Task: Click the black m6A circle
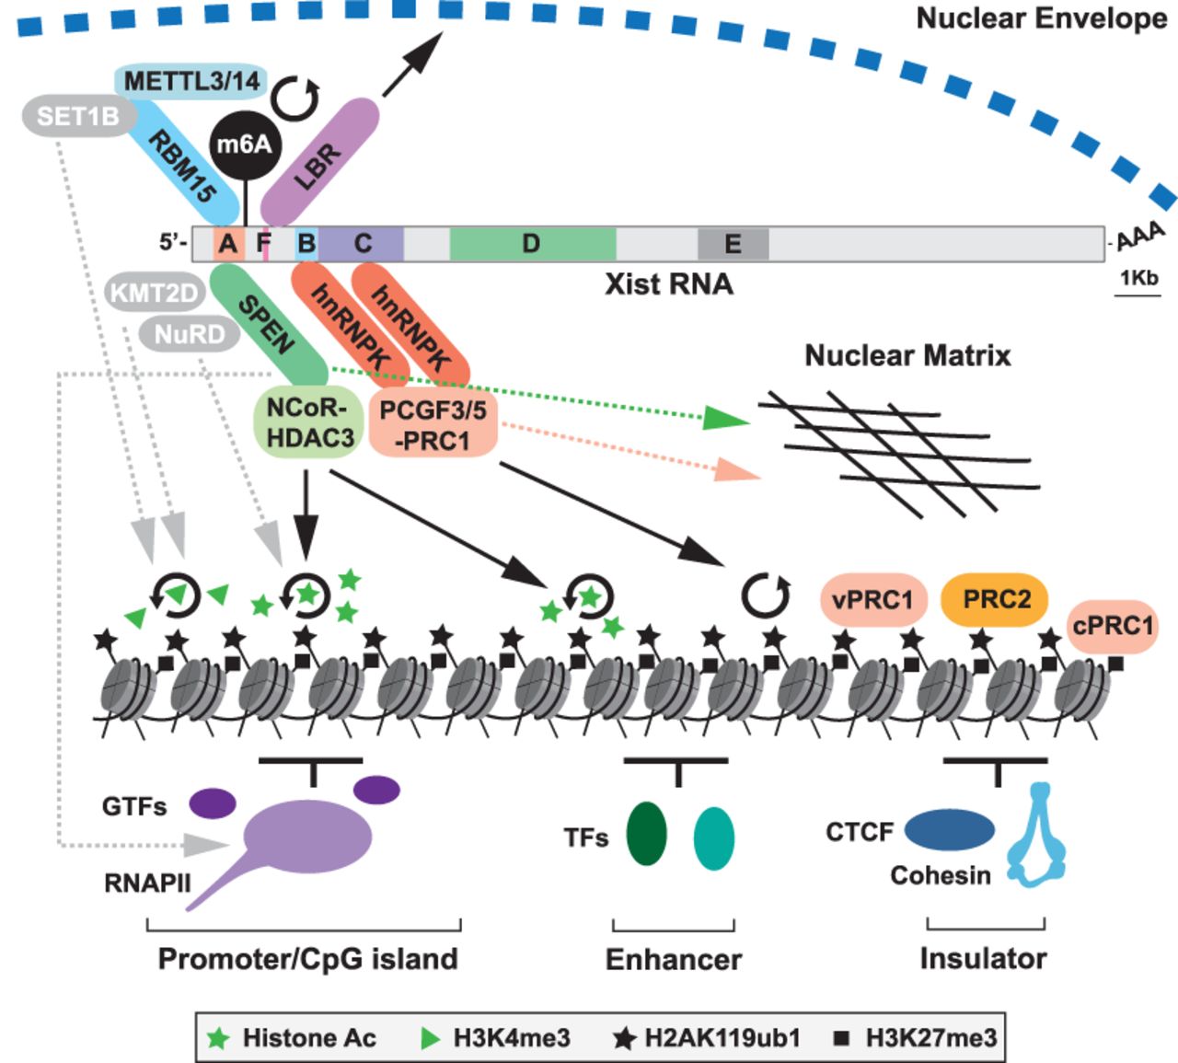click(244, 144)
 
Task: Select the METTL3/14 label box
click(192, 81)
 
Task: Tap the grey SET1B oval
click(78, 117)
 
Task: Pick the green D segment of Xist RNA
click(532, 244)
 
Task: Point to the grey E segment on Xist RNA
click(733, 244)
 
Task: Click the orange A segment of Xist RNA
click(227, 244)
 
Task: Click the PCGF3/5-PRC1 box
click(433, 424)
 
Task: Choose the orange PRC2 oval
click(996, 600)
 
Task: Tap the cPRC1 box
click(1113, 626)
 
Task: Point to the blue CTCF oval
click(949, 829)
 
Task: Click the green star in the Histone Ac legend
click(218, 1038)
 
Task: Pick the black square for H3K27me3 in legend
click(840, 1038)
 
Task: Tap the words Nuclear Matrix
click(907, 355)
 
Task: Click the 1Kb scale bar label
click(1138, 278)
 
